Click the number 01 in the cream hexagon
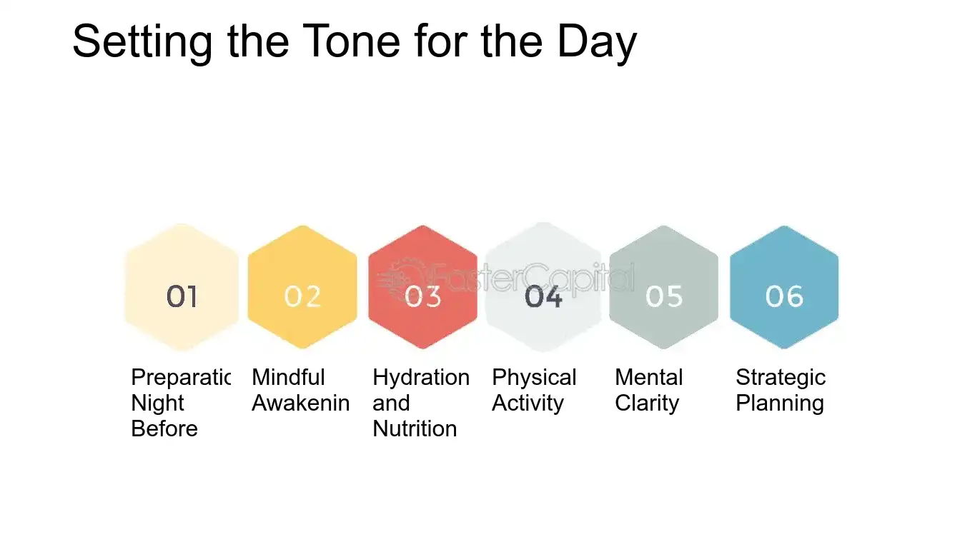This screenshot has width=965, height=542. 182,296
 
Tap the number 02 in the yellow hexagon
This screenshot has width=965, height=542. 302,296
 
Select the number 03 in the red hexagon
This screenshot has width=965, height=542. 423,296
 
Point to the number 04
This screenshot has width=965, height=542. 543,296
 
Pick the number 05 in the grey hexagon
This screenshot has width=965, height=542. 664,296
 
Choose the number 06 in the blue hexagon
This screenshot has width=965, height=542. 784,296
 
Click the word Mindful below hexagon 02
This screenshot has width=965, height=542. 288,377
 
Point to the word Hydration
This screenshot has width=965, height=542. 421,377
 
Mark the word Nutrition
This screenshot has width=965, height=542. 415,428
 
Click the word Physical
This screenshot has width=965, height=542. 534,377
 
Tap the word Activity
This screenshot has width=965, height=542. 528,403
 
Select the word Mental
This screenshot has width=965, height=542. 649,377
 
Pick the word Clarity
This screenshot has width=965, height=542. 647,403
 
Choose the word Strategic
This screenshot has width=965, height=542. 781,377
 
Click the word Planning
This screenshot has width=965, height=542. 780,403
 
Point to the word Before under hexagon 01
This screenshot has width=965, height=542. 164,428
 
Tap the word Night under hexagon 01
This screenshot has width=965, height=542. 158,403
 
